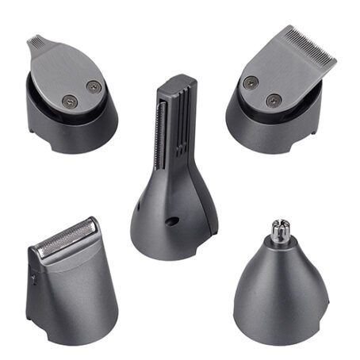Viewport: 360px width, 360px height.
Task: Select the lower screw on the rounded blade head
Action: click(69, 99)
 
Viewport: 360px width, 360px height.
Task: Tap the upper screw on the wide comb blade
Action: click(251, 81)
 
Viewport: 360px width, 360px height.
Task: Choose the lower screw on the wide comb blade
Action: click(274, 100)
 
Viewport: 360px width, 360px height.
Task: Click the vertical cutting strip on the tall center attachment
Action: click(162, 127)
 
